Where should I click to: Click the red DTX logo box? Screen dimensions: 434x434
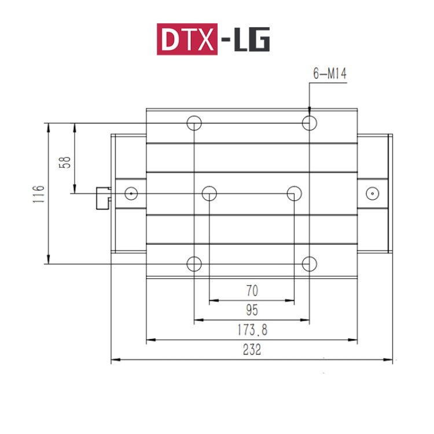(x=187, y=39)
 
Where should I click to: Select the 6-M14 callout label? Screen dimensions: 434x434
(x=329, y=73)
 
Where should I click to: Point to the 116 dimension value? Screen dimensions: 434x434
(x=38, y=193)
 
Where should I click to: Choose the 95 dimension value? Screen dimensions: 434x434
(x=252, y=310)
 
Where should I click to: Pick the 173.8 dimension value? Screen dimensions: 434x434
(x=252, y=330)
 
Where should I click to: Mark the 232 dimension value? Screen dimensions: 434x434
(x=252, y=350)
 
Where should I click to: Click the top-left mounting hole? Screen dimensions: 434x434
(x=194, y=123)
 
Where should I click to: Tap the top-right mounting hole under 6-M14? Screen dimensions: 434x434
(x=310, y=123)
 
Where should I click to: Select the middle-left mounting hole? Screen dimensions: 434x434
(x=209, y=193)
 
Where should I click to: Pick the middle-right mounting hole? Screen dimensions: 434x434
(x=295, y=193)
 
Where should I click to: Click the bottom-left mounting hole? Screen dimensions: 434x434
(x=194, y=264)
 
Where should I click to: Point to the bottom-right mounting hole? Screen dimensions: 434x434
(x=310, y=264)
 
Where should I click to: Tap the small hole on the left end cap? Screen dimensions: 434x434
(x=131, y=193)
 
